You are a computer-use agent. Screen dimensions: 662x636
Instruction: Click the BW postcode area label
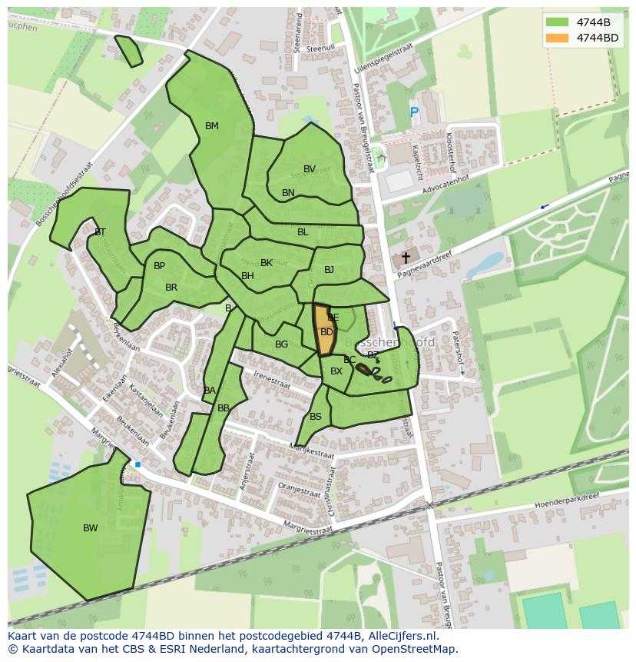91,528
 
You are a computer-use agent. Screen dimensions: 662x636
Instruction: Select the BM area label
212,126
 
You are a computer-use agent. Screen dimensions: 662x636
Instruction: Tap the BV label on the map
310,169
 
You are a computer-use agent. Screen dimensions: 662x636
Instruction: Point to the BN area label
288,193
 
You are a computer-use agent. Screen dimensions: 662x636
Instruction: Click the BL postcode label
303,232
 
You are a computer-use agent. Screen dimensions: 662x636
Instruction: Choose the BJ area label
329,270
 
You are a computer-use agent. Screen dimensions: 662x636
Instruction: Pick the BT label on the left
100,232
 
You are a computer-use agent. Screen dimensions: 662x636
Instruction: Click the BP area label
159,266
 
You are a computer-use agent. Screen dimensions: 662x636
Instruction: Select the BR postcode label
171,288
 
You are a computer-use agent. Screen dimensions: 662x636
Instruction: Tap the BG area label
281,344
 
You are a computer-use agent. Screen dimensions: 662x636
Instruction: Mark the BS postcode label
316,417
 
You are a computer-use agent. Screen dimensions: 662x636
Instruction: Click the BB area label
224,408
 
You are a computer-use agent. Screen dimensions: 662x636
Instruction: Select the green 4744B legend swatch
558,22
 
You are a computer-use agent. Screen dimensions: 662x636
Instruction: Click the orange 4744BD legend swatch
558,38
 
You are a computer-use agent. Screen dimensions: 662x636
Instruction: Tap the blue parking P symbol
414,113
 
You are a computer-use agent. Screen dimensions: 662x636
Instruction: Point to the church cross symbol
406,258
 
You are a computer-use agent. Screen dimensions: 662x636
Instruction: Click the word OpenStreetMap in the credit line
412,649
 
